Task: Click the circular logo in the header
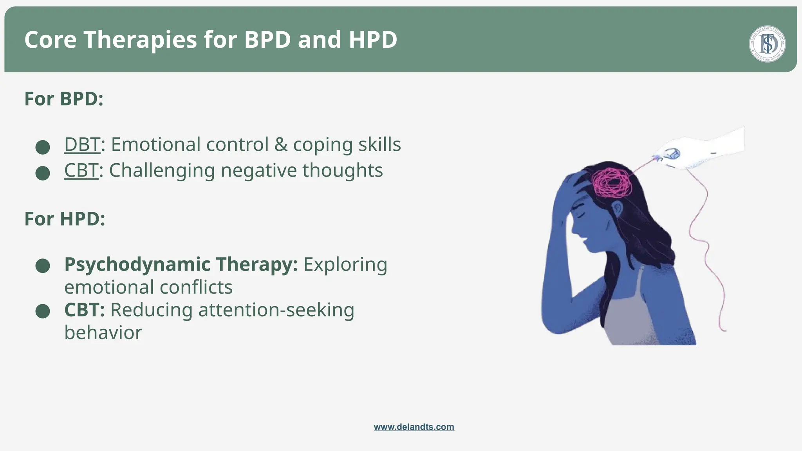767,44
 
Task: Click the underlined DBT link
82,144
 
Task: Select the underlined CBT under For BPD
81,171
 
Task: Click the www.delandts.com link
414,427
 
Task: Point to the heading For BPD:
64,99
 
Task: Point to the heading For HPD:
65,219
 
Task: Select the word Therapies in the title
140,40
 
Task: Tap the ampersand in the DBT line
281,144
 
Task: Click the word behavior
103,333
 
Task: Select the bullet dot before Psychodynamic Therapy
43,266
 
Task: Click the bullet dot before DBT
43,147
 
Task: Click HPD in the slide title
373,40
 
